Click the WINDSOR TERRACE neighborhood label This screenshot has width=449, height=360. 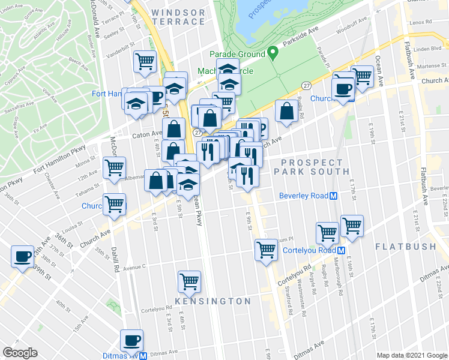[x=178, y=17]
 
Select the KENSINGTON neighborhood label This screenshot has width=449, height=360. [x=213, y=301]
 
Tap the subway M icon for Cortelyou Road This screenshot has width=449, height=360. [x=341, y=251]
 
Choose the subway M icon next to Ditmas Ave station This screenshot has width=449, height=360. [x=143, y=355]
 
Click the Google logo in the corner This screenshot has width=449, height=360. [x=20, y=353]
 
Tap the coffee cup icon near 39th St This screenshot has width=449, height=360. [x=23, y=256]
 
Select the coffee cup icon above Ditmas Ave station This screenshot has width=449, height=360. [x=132, y=340]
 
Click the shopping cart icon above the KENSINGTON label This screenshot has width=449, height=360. [x=189, y=280]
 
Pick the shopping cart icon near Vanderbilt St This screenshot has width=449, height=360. [x=145, y=61]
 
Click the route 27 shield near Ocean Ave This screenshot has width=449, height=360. [x=306, y=86]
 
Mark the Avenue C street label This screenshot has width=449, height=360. [x=134, y=266]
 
